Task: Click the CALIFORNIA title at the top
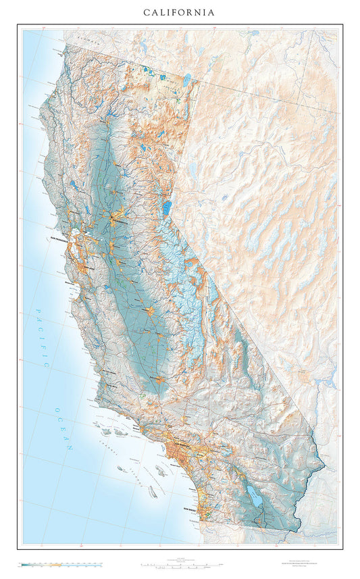click(180, 12)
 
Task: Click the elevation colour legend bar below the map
click(61, 562)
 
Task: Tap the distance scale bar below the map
click(180, 563)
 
